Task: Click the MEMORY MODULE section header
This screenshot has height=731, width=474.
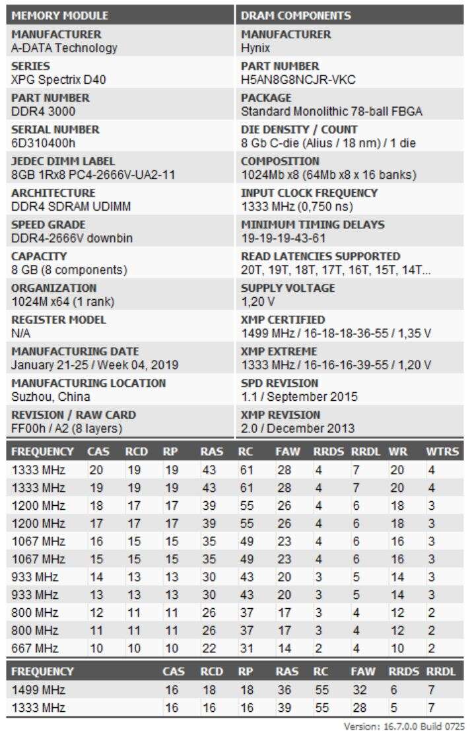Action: pos(60,15)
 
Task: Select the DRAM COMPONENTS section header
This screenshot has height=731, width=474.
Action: pos(296,15)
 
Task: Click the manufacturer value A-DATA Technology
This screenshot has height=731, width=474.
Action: pos(64,48)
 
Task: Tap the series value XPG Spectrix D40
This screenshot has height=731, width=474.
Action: pos(59,79)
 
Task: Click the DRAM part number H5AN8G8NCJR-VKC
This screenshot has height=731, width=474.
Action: pos(298,79)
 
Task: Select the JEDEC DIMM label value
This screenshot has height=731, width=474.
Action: pos(93,174)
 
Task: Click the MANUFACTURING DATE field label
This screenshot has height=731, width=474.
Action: pos(75,351)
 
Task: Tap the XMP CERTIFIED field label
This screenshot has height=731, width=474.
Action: pos(283,320)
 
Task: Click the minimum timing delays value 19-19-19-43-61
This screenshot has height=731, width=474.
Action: pos(284,238)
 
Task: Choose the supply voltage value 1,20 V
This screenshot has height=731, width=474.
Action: pos(257,301)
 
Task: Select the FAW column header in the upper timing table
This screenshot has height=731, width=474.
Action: pos(288,452)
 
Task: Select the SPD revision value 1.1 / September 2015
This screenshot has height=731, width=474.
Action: pos(299,397)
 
